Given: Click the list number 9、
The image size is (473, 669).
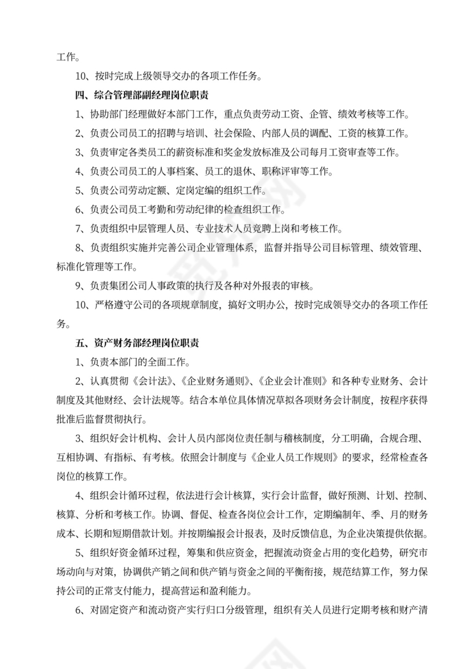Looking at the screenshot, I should tap(81, 286).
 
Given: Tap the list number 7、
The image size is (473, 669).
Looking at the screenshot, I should tap(81, 229).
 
